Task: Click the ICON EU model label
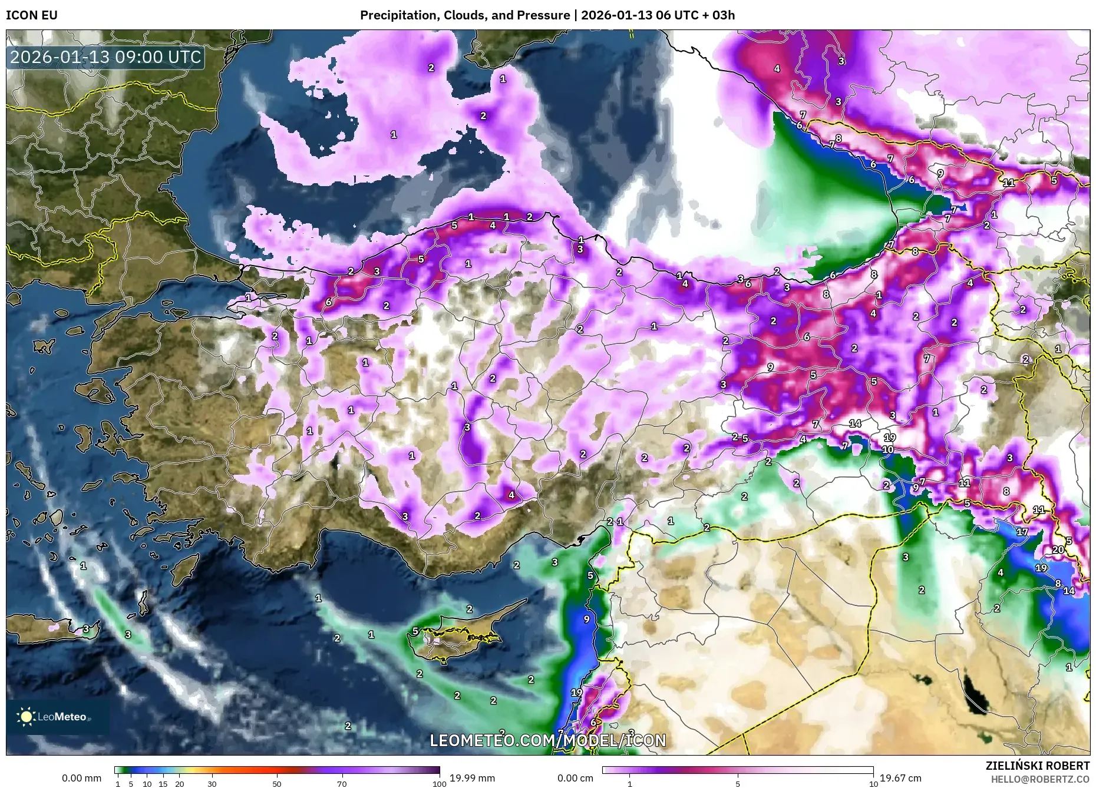(x=32, y=15)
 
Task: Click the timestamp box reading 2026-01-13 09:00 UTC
(x=105, y=57)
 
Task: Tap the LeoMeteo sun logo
(x=26, y=716)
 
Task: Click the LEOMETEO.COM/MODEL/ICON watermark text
(x=547, y=740)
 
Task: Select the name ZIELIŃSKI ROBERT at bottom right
(x=1037, y=766)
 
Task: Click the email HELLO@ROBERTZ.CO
(x=1039, y=779)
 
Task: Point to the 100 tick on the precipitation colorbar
(x=439, y=784)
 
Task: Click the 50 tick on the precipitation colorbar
(x=277, y=784)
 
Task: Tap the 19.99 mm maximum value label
(x=472, y=778)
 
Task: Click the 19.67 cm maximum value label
(x=900, y=778)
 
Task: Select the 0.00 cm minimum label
(x=576, y=778)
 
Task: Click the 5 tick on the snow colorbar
(x=737, y=784)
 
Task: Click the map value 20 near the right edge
(x=1058, y=549)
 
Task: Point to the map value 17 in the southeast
(x=1022, y=532)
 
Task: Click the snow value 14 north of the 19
(x=855, y=423)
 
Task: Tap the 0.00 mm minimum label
(x=82, y=778)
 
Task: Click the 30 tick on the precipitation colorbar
(x=212, y=784)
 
